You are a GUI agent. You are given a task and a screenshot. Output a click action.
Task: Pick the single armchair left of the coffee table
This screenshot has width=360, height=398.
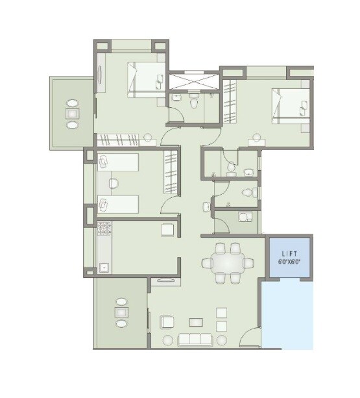click(x=166, y=321)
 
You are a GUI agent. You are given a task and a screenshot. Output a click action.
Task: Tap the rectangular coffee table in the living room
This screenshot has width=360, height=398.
click(x=195, y=321)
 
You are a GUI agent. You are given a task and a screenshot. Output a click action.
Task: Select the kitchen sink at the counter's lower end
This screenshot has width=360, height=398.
click(x=102, y=266)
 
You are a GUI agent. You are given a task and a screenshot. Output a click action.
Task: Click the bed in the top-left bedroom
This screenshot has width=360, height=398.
click(x=145, y=78)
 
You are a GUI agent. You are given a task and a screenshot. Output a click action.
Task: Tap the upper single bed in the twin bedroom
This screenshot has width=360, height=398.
click(x=118, y=162)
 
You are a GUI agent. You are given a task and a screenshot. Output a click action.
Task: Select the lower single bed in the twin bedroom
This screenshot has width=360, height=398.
click(x=118, y=204)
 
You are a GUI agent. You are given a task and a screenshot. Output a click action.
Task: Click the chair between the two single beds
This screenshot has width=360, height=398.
click(x=114, y=184)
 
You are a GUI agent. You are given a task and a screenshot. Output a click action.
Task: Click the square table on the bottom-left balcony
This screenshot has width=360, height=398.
click(x=121, y=313)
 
